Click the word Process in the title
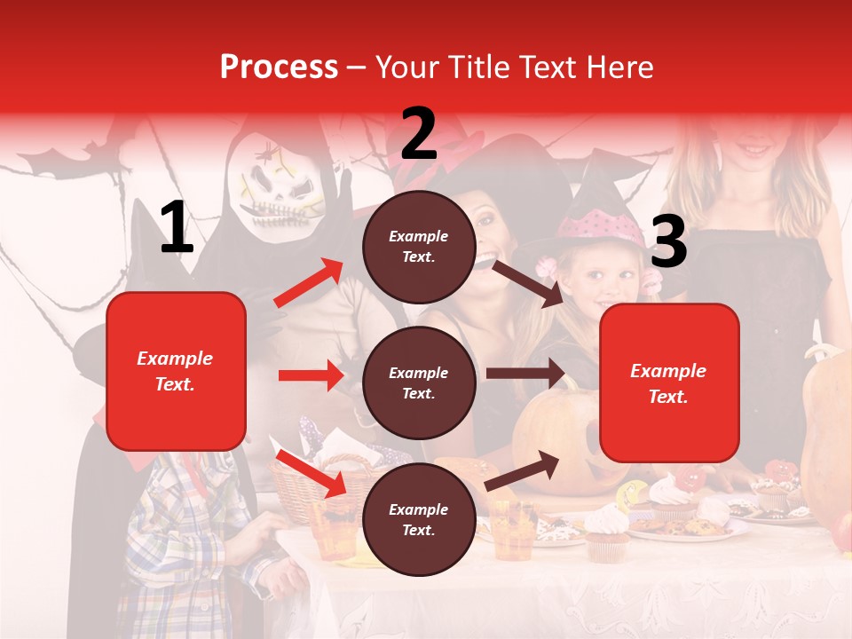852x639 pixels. (279, 67)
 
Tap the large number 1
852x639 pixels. (177, 228)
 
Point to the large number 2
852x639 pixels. (419, 133)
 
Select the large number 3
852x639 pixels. (668, 242)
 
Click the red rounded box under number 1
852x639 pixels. (176, 371)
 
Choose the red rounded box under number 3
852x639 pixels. (668, 383)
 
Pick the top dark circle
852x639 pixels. (419, 247)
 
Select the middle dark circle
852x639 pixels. (419, 383)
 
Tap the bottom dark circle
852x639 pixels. (419, 520)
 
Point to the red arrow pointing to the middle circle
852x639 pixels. (311, 375)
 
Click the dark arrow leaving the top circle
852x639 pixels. (528, 283)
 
